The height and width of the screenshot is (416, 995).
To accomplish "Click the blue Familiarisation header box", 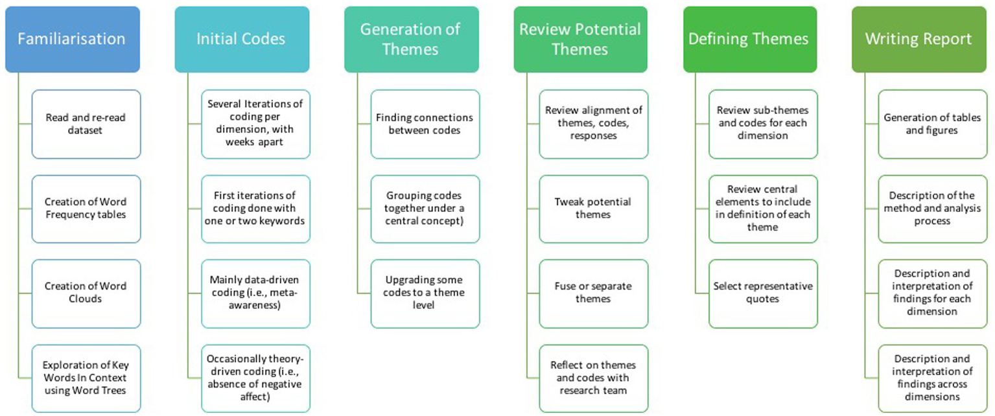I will pos(72,40).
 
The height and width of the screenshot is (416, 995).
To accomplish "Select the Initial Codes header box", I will pos(241,40).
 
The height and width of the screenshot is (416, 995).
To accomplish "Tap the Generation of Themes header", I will pos(411,40).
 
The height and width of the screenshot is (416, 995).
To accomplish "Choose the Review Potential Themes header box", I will pos(580,40).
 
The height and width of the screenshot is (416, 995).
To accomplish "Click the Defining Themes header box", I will pos(749,40).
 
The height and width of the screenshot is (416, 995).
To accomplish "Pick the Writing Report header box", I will pos(919,40).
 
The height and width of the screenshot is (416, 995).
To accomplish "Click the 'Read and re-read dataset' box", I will pos(86,124).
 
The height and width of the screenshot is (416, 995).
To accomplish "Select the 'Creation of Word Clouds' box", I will pos(86,293).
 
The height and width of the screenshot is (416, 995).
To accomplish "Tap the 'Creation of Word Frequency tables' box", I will pos(86,209).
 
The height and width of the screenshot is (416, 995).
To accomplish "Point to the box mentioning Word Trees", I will pos(86,378).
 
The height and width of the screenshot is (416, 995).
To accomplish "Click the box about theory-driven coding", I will pos(255,378).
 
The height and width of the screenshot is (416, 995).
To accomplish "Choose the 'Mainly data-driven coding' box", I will pos(255,293).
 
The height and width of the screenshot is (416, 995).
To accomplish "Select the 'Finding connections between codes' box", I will pos(425,124).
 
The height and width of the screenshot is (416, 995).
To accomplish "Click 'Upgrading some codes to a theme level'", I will pos(425,293).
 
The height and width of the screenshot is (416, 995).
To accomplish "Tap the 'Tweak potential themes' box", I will pos(593,209).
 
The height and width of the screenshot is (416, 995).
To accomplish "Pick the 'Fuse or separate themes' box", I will pos(593,293).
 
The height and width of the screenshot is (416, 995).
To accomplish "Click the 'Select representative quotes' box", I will pos(763,293).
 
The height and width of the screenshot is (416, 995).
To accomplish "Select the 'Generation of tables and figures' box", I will pos(932,124).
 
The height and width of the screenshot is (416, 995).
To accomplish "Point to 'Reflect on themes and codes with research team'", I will pos(593,378).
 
